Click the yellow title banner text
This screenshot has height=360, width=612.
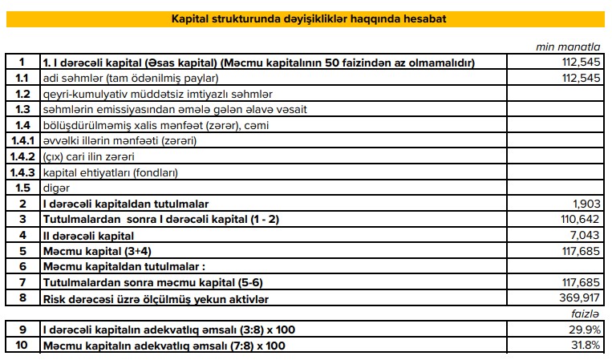click(x=310, y=18)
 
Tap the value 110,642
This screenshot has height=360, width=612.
click(x=577, y=220)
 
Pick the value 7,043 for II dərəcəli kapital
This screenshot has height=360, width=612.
click(x=582, y=236)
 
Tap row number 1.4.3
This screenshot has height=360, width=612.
click(x=22, y=172)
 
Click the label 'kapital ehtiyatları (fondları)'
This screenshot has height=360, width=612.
click(x=110, y=172)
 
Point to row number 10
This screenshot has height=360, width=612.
click(x=22, y=346)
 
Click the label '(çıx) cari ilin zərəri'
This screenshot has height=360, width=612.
click(x=88, y=156)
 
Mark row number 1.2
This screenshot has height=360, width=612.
click(x=22, y=94)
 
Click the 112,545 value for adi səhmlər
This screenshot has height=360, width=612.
click(x=577, y=79)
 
